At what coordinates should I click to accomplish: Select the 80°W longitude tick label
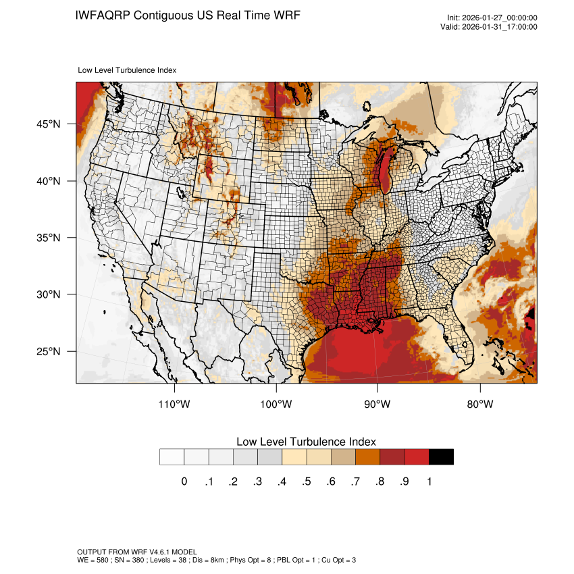[480, 405]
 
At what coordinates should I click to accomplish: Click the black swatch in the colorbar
[441, 457]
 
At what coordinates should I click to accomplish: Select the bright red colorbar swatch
[417, 457]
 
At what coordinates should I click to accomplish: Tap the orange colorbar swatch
[368, 457]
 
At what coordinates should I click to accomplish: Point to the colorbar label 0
[184, 481]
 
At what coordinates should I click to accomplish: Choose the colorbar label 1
[429, 481]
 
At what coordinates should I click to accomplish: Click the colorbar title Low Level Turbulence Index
[306, 442]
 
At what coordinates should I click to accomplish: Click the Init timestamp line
[492, 18]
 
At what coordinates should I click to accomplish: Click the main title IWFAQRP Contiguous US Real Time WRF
[188, 15]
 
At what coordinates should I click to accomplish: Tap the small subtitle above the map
[128, 70]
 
